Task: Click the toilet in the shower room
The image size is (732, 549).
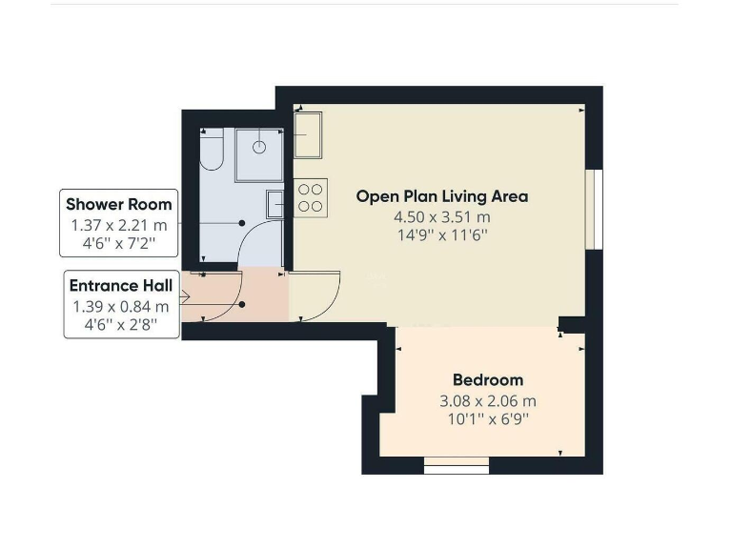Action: tap(211, 152)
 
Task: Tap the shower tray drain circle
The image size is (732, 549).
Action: tap(258, 147)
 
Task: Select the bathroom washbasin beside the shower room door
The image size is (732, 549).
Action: tap(274, 204)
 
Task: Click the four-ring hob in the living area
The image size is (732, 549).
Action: tap(310, 197)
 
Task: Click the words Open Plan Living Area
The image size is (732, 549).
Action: tap(441, 196)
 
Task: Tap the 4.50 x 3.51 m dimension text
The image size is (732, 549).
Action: tap(442, 217)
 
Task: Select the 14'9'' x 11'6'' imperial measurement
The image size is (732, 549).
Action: tap(442, 235)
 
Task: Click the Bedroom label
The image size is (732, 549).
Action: tap(487, 380)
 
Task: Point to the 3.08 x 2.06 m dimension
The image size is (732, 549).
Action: tap(487, 401)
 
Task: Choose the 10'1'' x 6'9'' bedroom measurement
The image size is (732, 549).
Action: tap(487, 419)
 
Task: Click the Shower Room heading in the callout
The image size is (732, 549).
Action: tap(119, 204)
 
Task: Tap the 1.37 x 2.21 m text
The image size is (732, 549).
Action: tap(119, 225)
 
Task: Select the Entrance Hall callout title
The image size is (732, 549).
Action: tap(120, 286)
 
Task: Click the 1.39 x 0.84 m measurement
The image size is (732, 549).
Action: tap(120, 307)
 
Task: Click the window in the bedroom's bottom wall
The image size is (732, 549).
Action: tap(456, 466)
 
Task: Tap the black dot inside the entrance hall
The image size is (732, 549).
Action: tap(242, 305)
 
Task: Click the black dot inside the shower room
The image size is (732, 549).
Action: tap(242, 224)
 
